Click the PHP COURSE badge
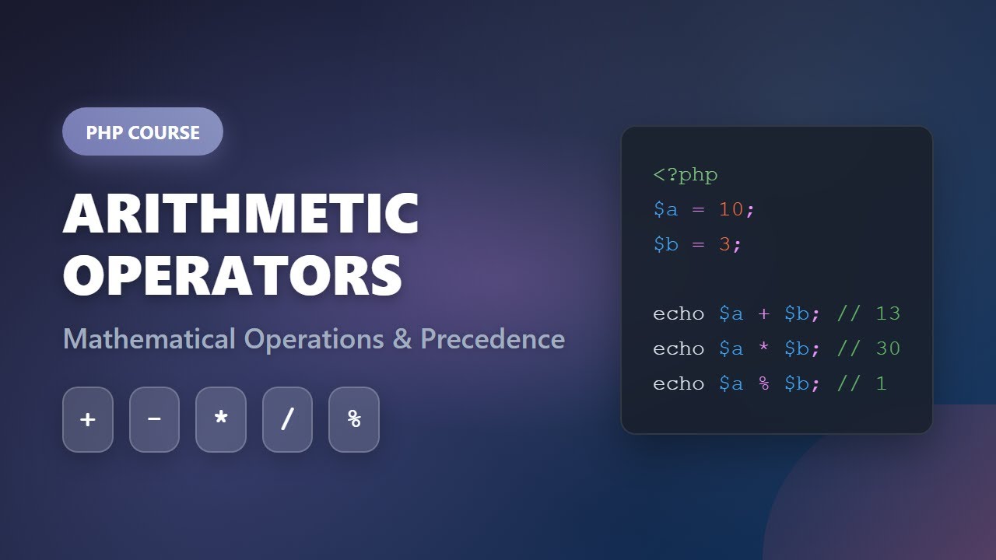click(142, 132)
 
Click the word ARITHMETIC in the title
click(241, 213)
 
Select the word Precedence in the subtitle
click(493, 339)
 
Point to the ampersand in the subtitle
click(402, 339)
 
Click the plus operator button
click(88, 419)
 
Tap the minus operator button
click(154, 419)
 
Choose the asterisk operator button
click(221, 419)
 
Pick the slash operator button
click(287, 419)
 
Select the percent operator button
click(354, 419)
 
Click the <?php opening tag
click(686, 175)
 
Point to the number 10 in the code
click(731, 209)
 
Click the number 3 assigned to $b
click(724, 244)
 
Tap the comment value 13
click(888, 313)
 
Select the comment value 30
click(888, 348)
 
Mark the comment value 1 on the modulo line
click(881, 383)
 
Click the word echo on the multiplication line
click(679, 348)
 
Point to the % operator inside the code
click(763, 383)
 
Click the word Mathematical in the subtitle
click(149, 339)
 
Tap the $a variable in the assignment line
click(665, 209)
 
